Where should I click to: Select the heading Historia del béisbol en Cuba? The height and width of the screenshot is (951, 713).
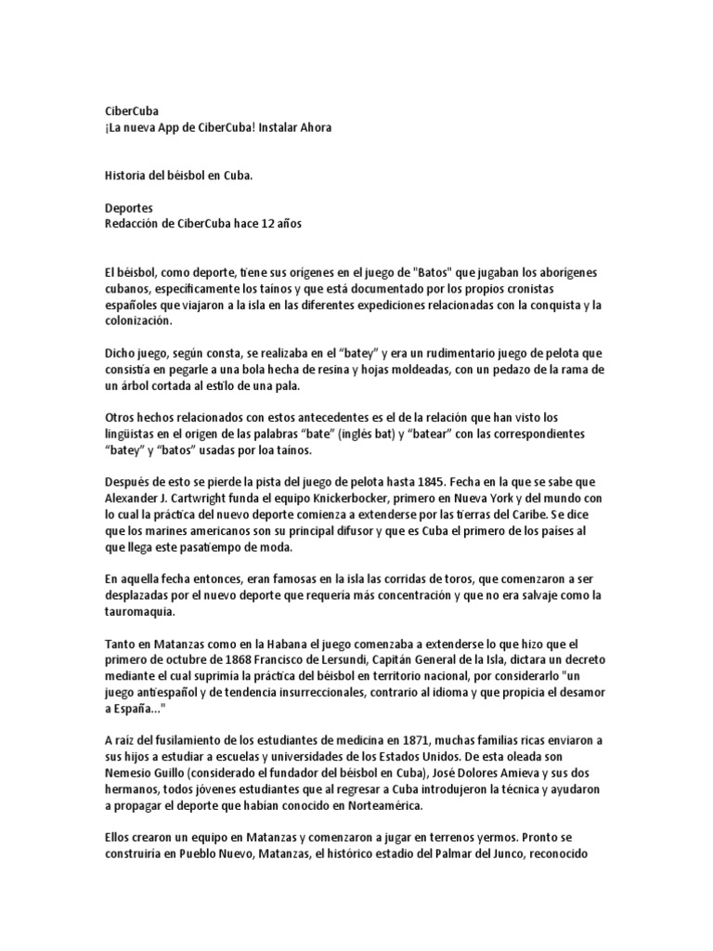tap(178, 174)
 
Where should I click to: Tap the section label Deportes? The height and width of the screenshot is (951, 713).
tap(129, 209)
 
